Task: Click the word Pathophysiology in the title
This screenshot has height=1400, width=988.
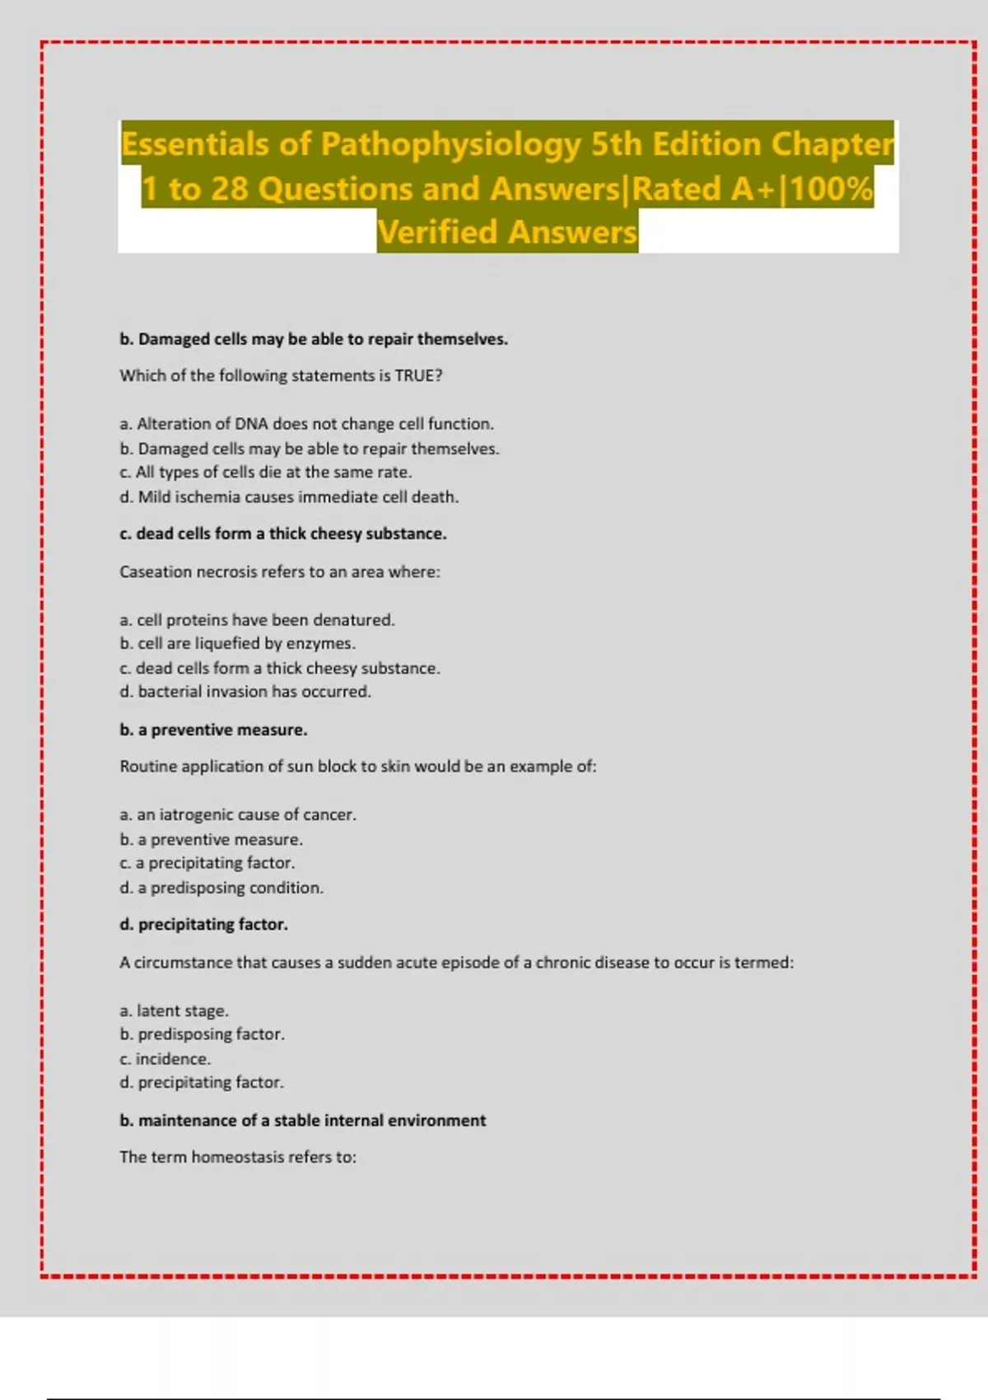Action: click(x=450, y=145)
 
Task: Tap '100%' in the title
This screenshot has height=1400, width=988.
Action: click(x=832, y=189)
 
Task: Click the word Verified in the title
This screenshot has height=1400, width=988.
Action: click(x=437, y=233)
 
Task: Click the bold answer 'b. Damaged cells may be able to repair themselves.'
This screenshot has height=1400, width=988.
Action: click(x=314, y=339)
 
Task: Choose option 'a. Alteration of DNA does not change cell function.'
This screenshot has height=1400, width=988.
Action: click(x=306, y=424)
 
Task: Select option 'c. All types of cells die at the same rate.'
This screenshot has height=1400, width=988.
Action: click(x=265, y=473)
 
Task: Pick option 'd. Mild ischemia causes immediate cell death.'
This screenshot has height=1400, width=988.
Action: click(x=289, y=497)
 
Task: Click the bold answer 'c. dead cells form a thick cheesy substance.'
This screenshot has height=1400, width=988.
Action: click(x=283, y=534)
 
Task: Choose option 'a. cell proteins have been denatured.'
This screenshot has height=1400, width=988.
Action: click(x=257, y=620)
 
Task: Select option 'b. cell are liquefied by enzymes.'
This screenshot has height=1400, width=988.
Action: click(x=237, y=643)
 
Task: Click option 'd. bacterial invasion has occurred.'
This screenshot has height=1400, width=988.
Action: click(x=245, y=692)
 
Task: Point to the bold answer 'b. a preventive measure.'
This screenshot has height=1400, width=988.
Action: click(x=213, y=730)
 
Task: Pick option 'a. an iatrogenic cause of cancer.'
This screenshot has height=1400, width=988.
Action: click(x=238, y=814)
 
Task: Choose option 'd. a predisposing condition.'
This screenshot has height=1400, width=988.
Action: click(x=221, y=888)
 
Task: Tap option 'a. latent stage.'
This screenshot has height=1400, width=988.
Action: click(x=174, y=1010)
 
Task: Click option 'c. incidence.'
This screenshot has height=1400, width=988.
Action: click(x=165, y=1059)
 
